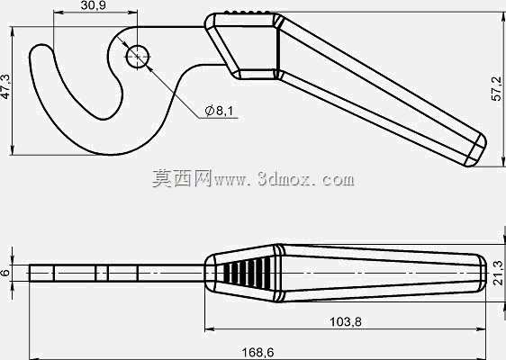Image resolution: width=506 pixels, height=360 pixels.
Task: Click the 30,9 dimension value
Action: (93, 5)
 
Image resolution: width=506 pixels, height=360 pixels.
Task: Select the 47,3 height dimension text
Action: (5, 86)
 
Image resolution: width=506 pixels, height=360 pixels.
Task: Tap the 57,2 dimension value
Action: (497, 88)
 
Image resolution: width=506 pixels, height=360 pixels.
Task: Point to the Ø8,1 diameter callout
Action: (219, 111)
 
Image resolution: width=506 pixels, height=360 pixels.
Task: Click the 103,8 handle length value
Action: (346, 321)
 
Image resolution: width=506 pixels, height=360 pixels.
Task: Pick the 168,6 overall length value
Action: (258, 352)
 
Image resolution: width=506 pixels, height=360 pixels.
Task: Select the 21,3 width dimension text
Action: (498, 273)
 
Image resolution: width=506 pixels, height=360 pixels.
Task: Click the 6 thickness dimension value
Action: (5, 273)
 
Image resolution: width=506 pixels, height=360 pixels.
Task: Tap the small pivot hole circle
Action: (138, 57)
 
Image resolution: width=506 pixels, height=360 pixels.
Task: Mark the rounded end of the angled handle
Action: (478, 151)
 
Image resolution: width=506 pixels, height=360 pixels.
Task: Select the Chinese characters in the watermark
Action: (182, 178)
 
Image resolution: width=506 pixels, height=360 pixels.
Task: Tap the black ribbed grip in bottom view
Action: (248, 273)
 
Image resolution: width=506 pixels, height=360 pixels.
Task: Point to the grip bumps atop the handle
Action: (248, 12)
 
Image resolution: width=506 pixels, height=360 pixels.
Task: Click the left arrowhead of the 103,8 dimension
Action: (209, 329)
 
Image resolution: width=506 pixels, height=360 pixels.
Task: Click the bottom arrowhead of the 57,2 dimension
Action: (503, 162)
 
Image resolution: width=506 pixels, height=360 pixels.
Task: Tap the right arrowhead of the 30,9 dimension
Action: (133, 13)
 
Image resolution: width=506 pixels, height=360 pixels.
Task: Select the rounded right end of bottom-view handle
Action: (482, 273)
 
